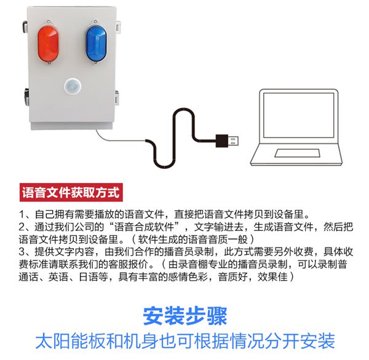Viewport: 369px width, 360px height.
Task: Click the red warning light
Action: [x=48, y=44]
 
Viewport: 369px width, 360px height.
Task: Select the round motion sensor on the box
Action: [x=73, y=86]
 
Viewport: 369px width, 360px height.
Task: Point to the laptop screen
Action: [x=299, y=115]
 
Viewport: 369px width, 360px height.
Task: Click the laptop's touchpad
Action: [x=297, y=153]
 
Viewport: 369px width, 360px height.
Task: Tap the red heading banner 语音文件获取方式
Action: [x=71, y=192]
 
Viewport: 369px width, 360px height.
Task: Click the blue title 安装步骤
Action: [x=185, y=316]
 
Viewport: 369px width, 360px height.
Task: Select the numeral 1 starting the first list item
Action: [x=22, y=214]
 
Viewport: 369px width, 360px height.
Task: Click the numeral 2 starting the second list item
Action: [x=22, y=227]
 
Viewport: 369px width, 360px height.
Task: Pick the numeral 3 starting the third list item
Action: [x=22, y=252]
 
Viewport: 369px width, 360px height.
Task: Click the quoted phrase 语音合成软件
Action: [x=144, y=227]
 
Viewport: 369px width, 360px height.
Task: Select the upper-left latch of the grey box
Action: [x=25, y=27]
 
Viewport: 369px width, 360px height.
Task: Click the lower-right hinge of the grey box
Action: [x=117, y=98]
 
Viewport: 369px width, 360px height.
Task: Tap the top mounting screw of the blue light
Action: [x=95, y=22]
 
